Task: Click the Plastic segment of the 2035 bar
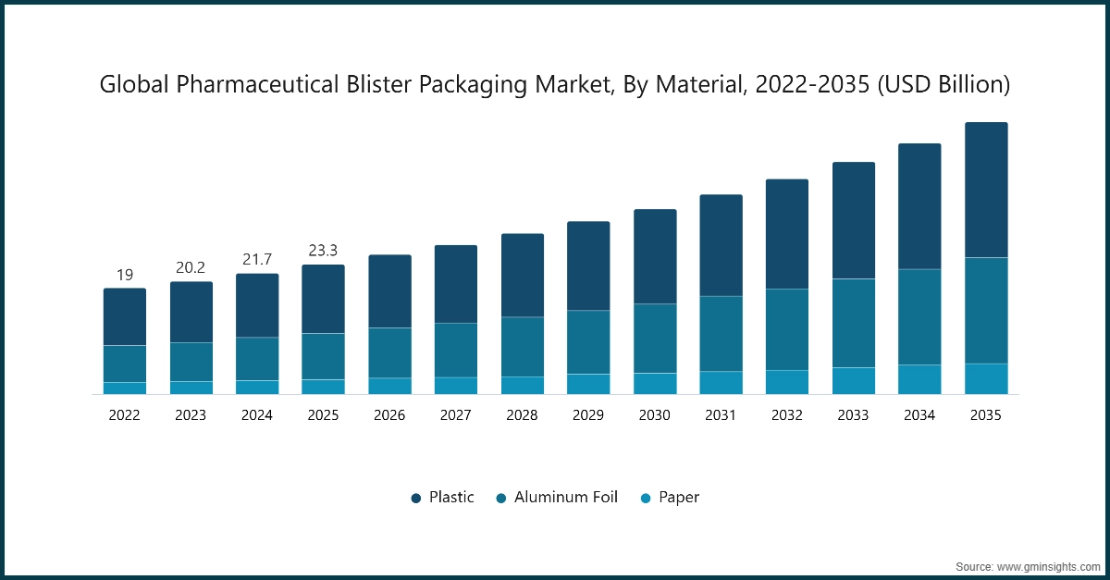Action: [986, 190]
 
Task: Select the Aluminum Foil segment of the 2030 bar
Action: [655, 338]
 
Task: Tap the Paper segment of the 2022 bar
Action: [125, 388]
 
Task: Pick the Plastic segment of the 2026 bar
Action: [389, 290]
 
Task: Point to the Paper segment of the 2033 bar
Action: [854, 380]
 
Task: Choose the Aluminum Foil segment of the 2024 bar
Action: [257, 358]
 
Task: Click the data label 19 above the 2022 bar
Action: [125, 275]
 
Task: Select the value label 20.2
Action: [191, 268]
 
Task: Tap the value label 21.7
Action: [257, 260]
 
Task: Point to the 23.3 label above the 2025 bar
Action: [323, 251]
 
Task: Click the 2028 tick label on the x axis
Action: [522, 416]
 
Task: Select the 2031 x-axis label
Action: [721, 416]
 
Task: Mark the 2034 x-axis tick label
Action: [919, 416]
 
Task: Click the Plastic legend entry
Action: [443, 498]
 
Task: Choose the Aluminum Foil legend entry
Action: [557, 498]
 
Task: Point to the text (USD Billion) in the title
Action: [943, 85]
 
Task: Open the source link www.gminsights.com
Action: [1046, 565]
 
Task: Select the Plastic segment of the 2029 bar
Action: [588, 265]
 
